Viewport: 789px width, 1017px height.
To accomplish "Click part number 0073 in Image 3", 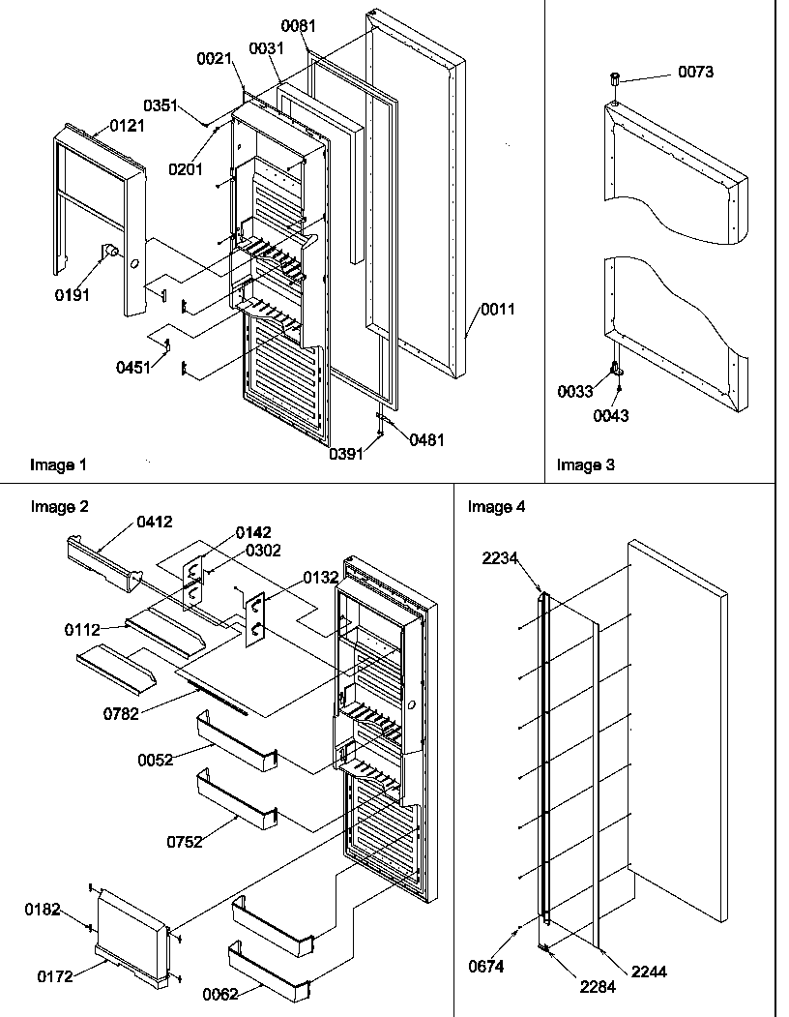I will (694, 73).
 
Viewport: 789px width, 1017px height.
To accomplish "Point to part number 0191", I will (73, 295).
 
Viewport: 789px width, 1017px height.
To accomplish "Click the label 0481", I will (427, 439).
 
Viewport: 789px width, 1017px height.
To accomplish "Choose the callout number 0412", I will (154, 522).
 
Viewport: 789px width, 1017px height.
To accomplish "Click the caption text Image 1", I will (58, 464).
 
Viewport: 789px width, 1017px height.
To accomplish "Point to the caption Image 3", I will (585, 464).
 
